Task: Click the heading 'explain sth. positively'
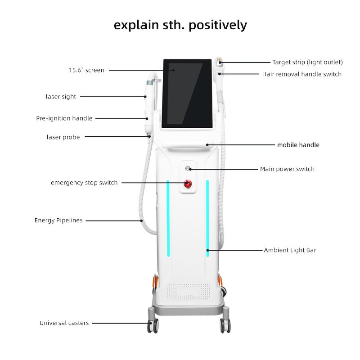pyautogui.click(x=180, y=25)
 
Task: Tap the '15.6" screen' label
pyautogui.click(x=86, y=70)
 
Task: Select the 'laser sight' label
pyautogui.click(x=61, y=96)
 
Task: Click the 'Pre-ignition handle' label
pyautogui.click(x=64, y=118)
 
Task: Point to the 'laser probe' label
pyautogui.click(x=63, y=137)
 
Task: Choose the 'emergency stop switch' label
pyautogui.click(x=84, y=183)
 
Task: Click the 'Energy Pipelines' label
pyautogui.click(x=58, y=220)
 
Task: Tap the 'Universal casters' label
pyautogui.click(x=64, y=323)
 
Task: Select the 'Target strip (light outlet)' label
pyautogui.click(x=307, y=62)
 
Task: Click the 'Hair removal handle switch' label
pyautogui.click(x=302, y=74)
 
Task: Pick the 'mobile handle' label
pyautogui.click(x=298, y=145)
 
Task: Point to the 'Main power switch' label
pyautogui.click(x=287, y=169)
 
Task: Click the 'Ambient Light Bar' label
pyautogui.click(x=290, y=250)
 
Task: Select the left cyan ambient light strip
pyautogui.click(x=168, y=218)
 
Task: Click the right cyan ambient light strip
pyautogui.click(x=207, y=218)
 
